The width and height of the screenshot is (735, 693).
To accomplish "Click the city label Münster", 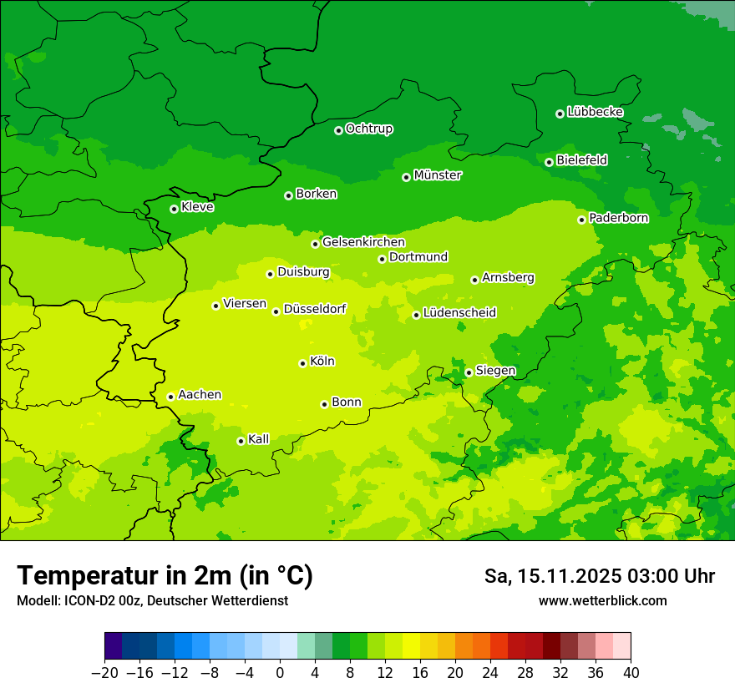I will point(438,175).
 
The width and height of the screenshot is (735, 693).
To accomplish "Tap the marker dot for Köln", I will point(302,363).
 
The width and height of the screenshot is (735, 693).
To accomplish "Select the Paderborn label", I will point(619,218).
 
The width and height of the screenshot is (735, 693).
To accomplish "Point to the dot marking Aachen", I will point(170,397).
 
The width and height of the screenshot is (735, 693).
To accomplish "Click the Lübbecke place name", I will point(595,112).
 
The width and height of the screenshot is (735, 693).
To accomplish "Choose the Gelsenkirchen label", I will point(363,242).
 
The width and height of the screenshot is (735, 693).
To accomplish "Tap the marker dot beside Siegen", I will point(469,372).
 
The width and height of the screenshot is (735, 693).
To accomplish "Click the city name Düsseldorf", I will point(315,310).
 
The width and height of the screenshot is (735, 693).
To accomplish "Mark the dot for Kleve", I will point(174,209).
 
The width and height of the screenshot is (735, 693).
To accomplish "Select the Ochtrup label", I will point(369,129).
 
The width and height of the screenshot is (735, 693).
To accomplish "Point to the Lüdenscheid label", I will point(459,313).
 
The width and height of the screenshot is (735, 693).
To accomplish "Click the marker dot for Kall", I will point(241,441).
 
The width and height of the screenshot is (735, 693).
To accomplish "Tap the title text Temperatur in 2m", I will point(165,575).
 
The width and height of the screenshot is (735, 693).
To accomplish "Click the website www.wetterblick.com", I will point(602,601).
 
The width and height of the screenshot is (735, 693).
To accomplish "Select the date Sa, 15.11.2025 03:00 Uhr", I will point(599,576).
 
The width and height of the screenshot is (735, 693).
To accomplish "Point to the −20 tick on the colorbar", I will point(105,673).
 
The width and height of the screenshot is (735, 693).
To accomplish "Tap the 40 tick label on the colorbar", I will point(631,673).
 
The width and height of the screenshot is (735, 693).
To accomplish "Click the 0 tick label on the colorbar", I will point(280,673).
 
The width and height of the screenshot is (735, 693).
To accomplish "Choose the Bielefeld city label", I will point(581,159).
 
